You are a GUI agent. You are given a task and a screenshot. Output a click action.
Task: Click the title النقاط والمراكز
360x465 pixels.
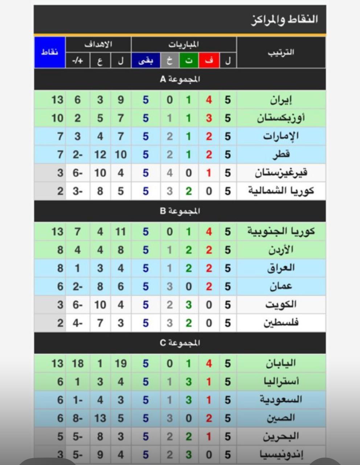pos(285,19)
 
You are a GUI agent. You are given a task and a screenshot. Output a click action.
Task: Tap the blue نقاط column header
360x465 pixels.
pos(50,52)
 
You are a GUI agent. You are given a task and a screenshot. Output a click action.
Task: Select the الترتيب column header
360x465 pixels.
pos(281,52)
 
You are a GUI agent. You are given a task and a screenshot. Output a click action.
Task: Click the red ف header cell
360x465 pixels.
pos(209,61)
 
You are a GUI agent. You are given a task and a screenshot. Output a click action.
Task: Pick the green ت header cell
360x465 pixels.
pos(189,61)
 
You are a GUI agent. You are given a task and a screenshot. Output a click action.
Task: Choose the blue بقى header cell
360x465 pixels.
pos(146,61)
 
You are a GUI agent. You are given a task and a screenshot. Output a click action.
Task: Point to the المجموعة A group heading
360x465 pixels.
pos(180,79)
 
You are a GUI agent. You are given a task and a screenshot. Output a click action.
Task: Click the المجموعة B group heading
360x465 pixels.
pos(180,211)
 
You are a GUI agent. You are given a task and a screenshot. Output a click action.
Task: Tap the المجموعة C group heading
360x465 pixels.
pos(180,343)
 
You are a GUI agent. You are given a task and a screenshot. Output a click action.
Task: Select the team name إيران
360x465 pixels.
pos(281,100)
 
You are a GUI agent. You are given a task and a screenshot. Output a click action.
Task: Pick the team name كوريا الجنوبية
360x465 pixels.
pos(281,231)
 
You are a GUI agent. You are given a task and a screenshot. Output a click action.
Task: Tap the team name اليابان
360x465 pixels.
pos(281,363)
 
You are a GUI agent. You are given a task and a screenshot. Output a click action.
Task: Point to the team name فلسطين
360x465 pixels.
pos(281,323)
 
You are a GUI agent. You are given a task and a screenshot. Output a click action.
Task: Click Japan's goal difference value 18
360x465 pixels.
pos(78,363)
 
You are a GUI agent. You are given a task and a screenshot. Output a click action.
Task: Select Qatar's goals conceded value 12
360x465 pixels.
pos(100,154)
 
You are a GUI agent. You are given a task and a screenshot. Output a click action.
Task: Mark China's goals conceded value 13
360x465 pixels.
pos(100,418)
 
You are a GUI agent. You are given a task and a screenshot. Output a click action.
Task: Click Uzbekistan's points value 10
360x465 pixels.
pos(57,118)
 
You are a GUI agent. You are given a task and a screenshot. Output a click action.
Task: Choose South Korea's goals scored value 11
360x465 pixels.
pos(121,231)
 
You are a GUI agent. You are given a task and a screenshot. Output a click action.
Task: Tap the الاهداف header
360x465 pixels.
pos(98,44)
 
